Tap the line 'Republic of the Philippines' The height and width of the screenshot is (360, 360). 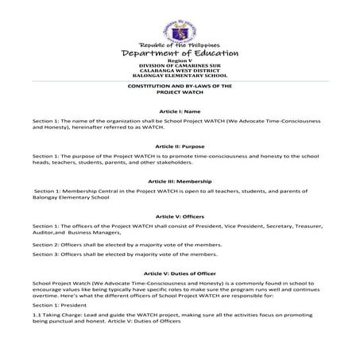pos(180,44)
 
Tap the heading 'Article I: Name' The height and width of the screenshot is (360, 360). pos(179,112)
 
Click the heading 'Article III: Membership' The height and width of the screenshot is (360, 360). pos(179,181)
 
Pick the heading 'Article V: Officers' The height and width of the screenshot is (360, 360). pos(179,216)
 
